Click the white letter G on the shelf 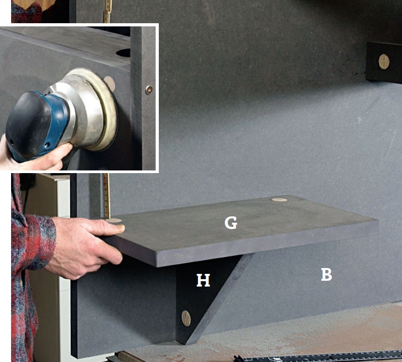[x=231, y=223]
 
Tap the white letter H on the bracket [x=203, y=280]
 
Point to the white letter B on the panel [x=327, y=274]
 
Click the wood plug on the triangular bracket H [x=186, y=318]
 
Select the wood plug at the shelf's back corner [x=279, y=199]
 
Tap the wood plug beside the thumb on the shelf [x=113, y=221]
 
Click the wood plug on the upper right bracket [x=384, y=62]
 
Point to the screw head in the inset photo [x=149, y=90]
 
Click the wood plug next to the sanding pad [x=110, y=83]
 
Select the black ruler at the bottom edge [x=318, y=357]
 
